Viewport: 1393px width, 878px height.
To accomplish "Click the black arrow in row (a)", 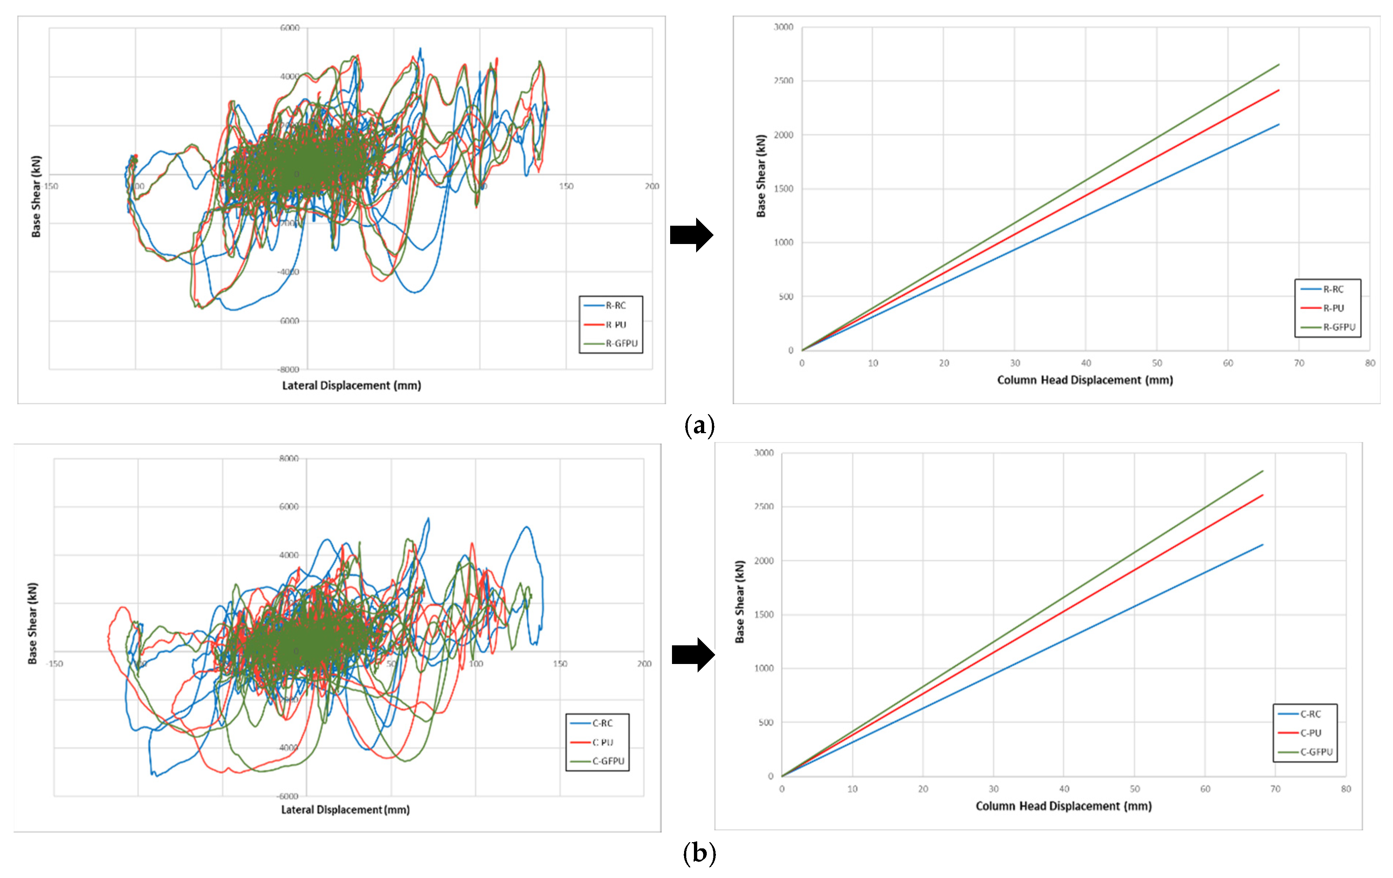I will [x=691, y=235].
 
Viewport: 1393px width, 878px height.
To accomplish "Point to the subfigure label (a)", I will [x=699, y=426].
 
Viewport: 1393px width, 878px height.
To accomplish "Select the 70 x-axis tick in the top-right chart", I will [x=1299, y=363].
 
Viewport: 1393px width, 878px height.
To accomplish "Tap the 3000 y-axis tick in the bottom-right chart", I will [x=763, y=453].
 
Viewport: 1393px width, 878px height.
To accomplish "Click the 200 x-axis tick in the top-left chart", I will [x=651, y=186].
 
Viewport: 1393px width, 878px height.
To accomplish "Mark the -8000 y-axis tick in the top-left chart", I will [x=289, y=369].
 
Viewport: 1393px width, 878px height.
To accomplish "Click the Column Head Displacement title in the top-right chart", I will [x=1085, y=380].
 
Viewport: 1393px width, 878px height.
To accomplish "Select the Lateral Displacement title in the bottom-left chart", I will [x=346, y=810].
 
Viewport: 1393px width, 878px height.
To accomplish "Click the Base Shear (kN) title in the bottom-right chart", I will [x=740, y=601].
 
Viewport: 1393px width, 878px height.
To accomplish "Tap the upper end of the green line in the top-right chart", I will [x=1278, y=65].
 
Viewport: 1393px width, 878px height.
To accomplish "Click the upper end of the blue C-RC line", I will [x=1262, y=544].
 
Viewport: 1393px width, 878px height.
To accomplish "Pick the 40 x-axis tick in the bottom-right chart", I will [x=1064, y=789].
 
